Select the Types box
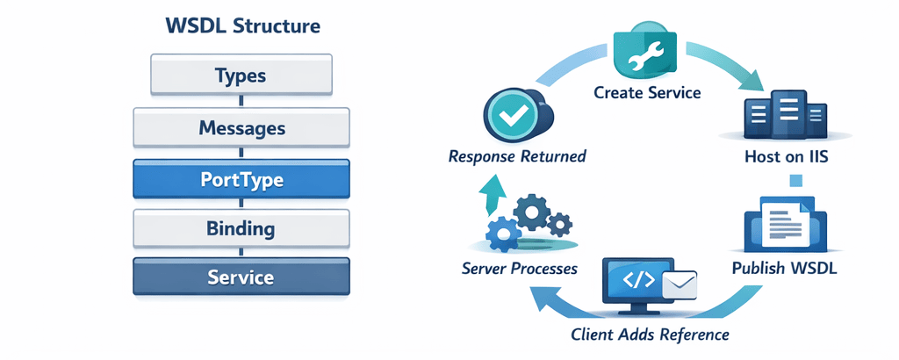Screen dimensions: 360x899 coord(241,75)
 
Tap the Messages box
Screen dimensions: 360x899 coord(241,128)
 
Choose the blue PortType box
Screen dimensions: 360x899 coord(241,179)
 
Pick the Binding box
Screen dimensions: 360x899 coord(241,230)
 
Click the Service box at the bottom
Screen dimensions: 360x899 coord(241,278)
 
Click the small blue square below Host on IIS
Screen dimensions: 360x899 coord(797,181)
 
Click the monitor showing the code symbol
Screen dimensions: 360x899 coord(636,285)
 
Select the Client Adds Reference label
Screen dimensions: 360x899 coord(650,335)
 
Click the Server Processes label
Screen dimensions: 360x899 coord(519,268)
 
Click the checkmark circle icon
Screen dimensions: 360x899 coord(507,119)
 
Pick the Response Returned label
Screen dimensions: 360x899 coord(517,158)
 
